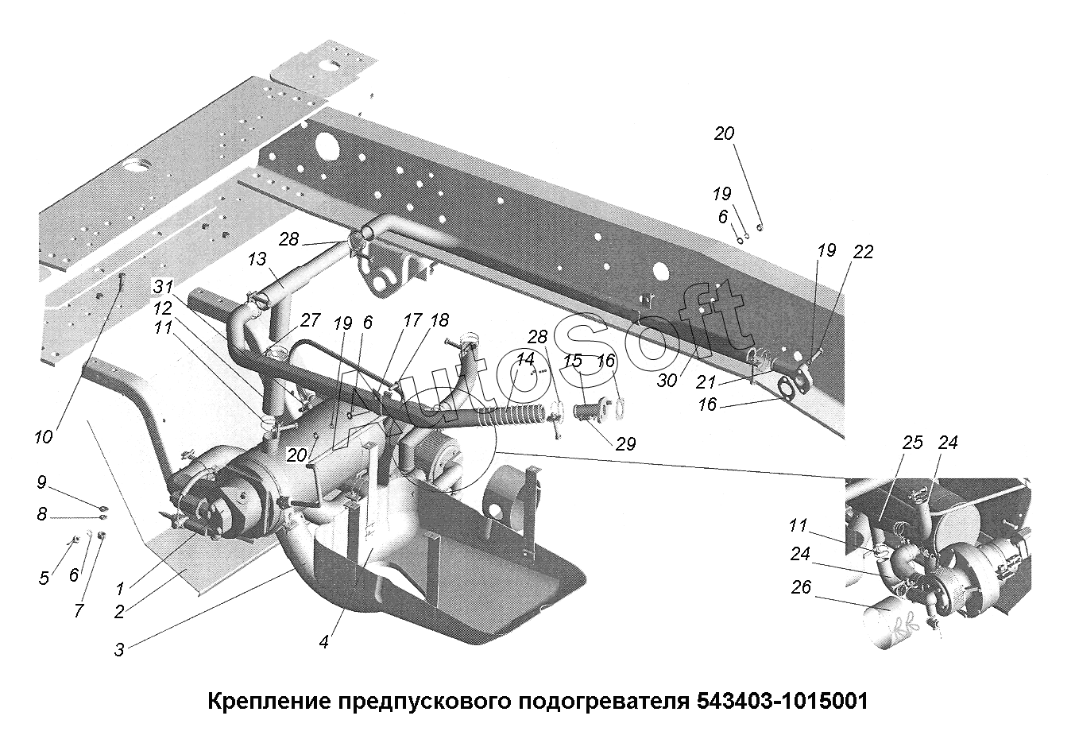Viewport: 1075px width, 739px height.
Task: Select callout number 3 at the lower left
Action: click(118, 648)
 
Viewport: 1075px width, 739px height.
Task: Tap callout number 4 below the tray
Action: click(323, 642)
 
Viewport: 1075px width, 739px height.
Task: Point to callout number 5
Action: click(44, 578)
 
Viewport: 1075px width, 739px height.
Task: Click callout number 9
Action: click(41, 482)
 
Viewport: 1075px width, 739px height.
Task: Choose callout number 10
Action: click(43, 436)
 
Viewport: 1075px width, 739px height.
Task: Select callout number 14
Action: click(524, 358)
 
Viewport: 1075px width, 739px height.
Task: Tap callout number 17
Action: click(412, 320)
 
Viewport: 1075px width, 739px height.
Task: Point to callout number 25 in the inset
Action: click(913, 442)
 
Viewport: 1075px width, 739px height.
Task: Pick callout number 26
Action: click(802, 589)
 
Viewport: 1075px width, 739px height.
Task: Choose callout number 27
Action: click(309, 320)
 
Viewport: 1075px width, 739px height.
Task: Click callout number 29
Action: click(625, 443)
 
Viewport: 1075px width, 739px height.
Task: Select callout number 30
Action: click(667, 381)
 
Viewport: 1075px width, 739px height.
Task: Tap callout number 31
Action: click(163, 287)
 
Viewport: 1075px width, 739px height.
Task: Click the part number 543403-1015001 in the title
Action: click(782, 702)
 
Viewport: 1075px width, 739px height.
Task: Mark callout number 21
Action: click(706, 383)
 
